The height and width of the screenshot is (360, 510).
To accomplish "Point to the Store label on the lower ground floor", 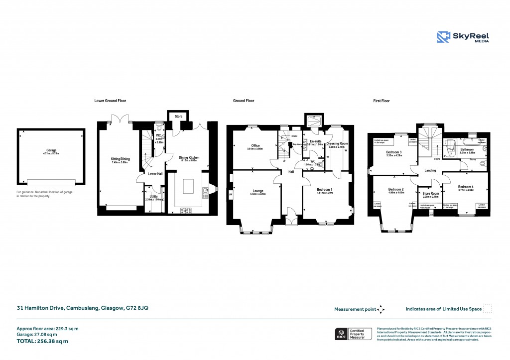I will pyautogui.click(x=178, y=117).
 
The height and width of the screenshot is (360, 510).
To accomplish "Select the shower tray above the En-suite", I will pyautogui.click(x=314, y=120).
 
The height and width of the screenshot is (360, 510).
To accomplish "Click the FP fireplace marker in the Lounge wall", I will pyautogui.click(x=231, y=195).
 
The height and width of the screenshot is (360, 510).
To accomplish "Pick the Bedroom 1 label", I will pyautogui.click(x=325, y=190).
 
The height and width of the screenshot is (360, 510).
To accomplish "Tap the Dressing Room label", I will pyautogui.click(x=337, y=143).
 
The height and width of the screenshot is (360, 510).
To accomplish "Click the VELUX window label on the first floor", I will pyautogui.click(x=451, y=148).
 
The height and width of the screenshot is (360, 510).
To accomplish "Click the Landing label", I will pyautogui.click(x=430, y=170).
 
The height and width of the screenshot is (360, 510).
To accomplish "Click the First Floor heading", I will pyautogui.click(x=382, y=101).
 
